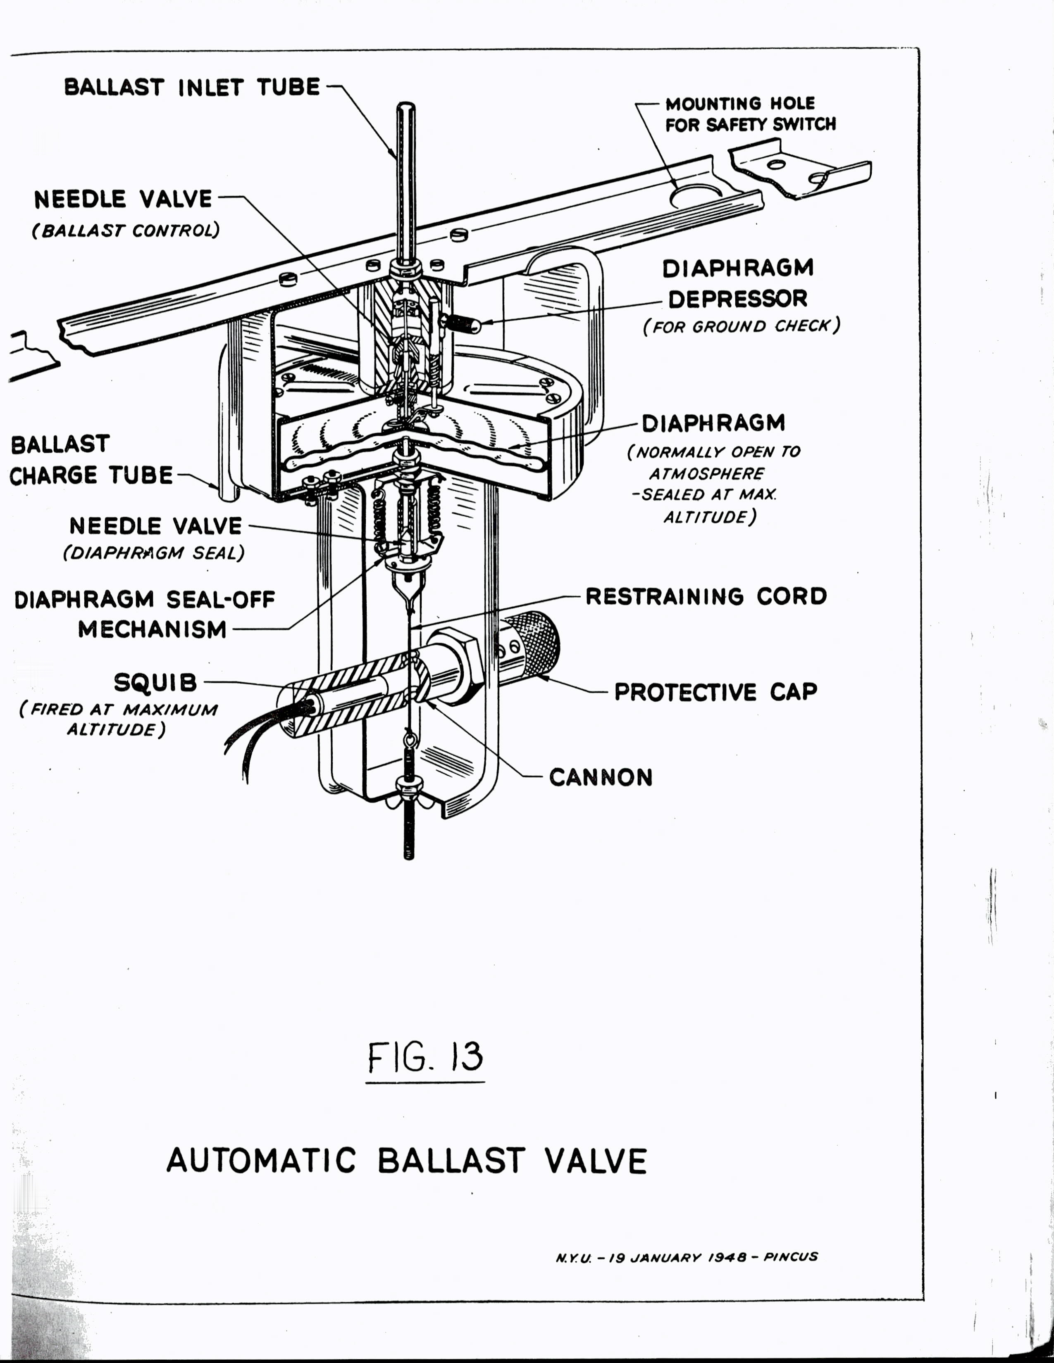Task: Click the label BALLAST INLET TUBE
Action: [x=192, y=87]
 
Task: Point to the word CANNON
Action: [x=601, y=777]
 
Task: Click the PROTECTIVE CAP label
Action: [x=715, y=691]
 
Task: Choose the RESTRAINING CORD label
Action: [x=706, y=596]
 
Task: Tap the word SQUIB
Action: [x=155, y=683]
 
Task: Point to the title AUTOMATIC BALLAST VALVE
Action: [x=406, y=1161]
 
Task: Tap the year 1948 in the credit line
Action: [x=727, y=1257]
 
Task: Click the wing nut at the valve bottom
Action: [x=409, y=785]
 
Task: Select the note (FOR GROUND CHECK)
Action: [x=741, y=326]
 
